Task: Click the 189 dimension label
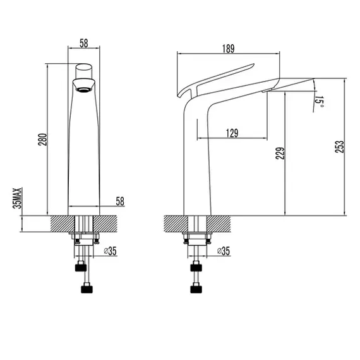(x=228, y=49)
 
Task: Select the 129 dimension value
(x=232, y=133)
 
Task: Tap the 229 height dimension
(x=280, y=153)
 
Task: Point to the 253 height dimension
(x=340, y=147)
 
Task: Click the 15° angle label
(x=319, y=102)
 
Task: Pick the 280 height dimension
(x=42, y=140)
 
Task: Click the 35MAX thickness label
(x=18, y=198)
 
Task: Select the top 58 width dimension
(x=84, y=43)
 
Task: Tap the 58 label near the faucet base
(x=120, y=201)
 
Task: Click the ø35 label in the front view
(x=110, y=251)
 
